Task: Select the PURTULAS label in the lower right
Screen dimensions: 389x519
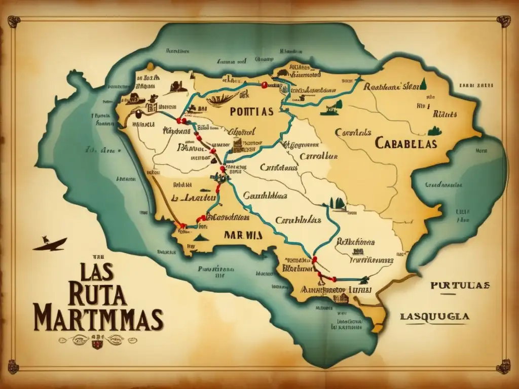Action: [x=460, y=285]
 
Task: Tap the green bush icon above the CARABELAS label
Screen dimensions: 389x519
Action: [x=434, y=131]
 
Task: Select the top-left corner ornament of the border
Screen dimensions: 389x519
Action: [x=14, y=21]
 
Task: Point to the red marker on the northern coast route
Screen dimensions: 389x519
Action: [x=264, y=86]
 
